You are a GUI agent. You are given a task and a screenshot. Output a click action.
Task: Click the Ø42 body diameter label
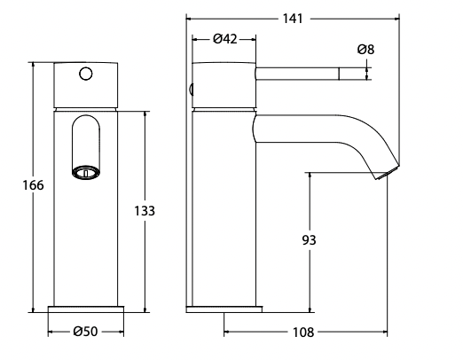(x=224, y=38)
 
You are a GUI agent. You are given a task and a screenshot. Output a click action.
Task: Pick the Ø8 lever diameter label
(x=365, y=50)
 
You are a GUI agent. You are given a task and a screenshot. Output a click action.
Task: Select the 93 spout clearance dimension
(x=309, y=239)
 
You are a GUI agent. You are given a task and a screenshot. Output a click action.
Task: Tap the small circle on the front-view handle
(x=86, y=74)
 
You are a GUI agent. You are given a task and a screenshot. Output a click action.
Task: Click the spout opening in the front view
(x=84, y=170)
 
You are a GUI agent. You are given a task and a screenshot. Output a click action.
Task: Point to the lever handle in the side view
(x=302, y=74)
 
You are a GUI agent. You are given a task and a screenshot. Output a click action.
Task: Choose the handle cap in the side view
(x=224, y=85)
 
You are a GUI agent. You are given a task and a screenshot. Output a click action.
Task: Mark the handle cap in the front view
(x=85, y=85)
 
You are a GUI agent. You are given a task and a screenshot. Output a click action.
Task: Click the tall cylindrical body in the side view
(x=224, y=213)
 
